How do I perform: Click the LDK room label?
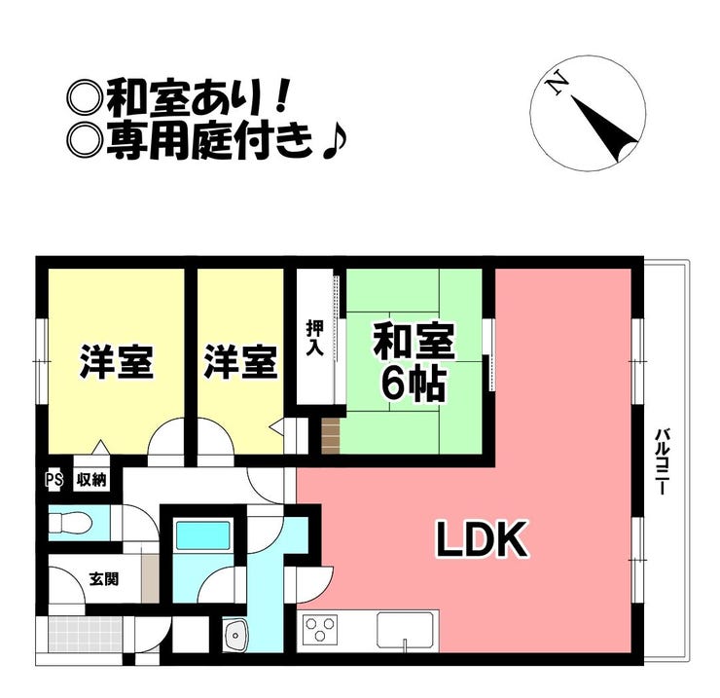click(480, 538)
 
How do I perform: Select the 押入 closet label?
click(314, 338)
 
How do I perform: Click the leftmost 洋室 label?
click(115, 362)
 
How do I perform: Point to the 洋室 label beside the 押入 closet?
click(240, 362)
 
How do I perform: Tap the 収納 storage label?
click(91, 480)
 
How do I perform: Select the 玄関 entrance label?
click(104, 578)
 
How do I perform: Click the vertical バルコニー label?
click(662, 462)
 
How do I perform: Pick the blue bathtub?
click(201, 535)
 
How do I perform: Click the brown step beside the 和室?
click(331, 435)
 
